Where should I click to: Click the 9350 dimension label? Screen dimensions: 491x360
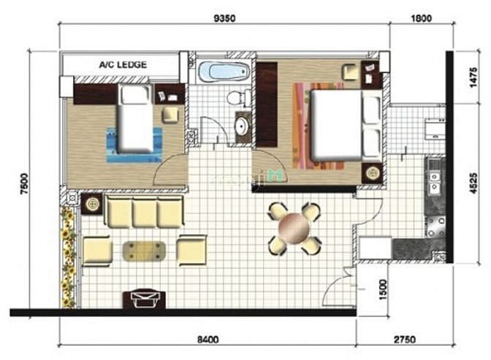click(x=224, y=18)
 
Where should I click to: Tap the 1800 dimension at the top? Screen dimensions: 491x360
click(x=421, y=18)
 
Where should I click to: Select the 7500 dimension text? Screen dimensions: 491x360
click(x=24, y=184)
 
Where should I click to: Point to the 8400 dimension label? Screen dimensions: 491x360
click(x=208, y=340)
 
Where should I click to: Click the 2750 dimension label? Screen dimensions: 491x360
click(x=405, y=340)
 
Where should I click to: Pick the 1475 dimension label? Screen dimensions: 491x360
click(x=473, y=77)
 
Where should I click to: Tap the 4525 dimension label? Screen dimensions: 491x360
click(x=473, y=183)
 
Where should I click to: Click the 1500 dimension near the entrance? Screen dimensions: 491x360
click(x=383, y=290)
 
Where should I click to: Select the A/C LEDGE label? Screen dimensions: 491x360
click(x=123, y=65)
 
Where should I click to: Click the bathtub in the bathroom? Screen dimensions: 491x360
click(x=224, y=71)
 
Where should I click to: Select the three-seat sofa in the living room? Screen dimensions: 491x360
click(x=144, y=211)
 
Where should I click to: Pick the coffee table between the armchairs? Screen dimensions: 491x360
click(x=144, y=251)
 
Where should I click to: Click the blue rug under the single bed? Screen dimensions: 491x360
click(x=134, y=145)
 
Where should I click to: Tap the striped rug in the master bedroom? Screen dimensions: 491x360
click(x=318, y=126)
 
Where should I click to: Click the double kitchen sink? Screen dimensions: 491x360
click(x=434, y=182)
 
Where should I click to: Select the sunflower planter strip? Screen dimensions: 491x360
click(x=68, y=256)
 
